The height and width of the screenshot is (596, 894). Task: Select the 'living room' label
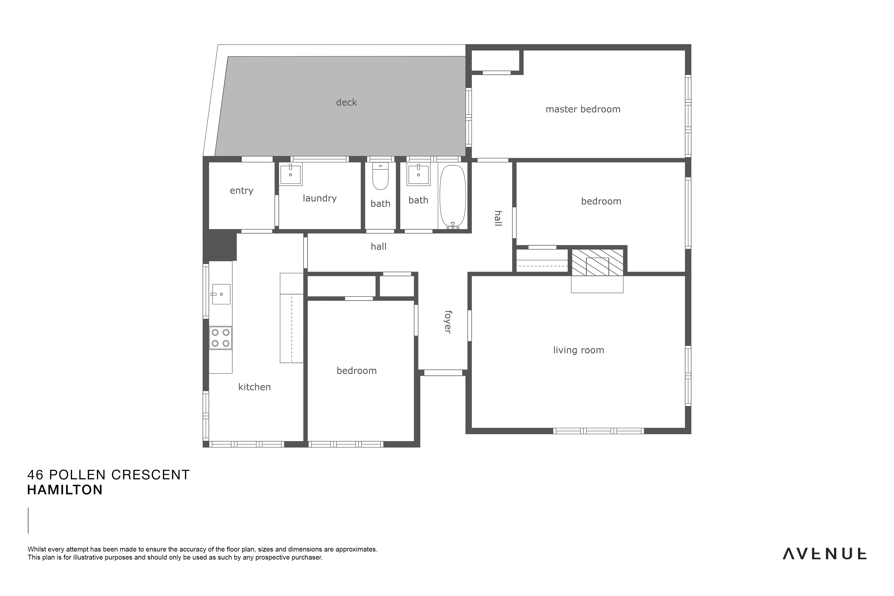click(578, 350)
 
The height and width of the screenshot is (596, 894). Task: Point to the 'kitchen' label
click(254, 387)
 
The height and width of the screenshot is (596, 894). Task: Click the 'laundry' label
click(320, 198)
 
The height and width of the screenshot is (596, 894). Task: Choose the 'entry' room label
click(241, 191)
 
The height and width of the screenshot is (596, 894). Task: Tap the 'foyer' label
click(448, 322)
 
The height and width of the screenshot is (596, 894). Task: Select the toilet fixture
click(380, 176)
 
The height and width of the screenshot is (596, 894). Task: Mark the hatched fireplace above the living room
click(597, 263)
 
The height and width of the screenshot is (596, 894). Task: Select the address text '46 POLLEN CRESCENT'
click(108, 475)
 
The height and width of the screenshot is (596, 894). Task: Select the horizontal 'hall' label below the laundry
click(379, 247)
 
